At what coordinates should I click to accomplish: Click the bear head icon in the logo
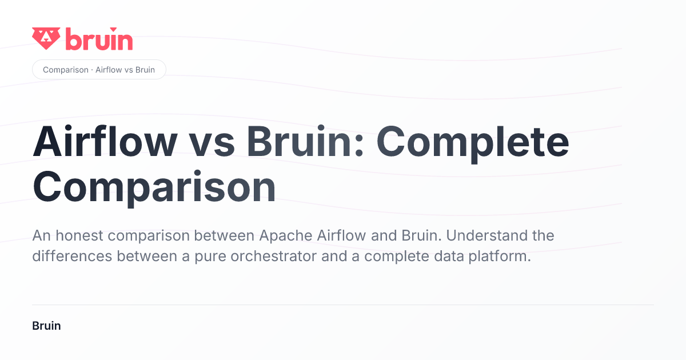46,38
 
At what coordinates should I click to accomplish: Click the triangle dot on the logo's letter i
114,29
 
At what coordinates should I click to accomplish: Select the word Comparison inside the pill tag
66,70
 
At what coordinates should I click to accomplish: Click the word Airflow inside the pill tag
109,70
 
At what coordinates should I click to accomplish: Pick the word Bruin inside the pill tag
145,70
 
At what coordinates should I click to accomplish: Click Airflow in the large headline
105,142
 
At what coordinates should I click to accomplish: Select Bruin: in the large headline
305,142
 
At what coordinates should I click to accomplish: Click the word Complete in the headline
473,144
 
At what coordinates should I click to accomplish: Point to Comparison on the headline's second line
154,187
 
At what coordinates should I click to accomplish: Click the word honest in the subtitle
79,235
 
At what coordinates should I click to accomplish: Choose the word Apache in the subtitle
286,236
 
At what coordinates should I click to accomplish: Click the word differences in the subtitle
72,256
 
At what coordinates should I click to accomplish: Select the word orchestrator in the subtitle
273,256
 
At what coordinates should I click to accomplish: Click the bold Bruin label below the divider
46,326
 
